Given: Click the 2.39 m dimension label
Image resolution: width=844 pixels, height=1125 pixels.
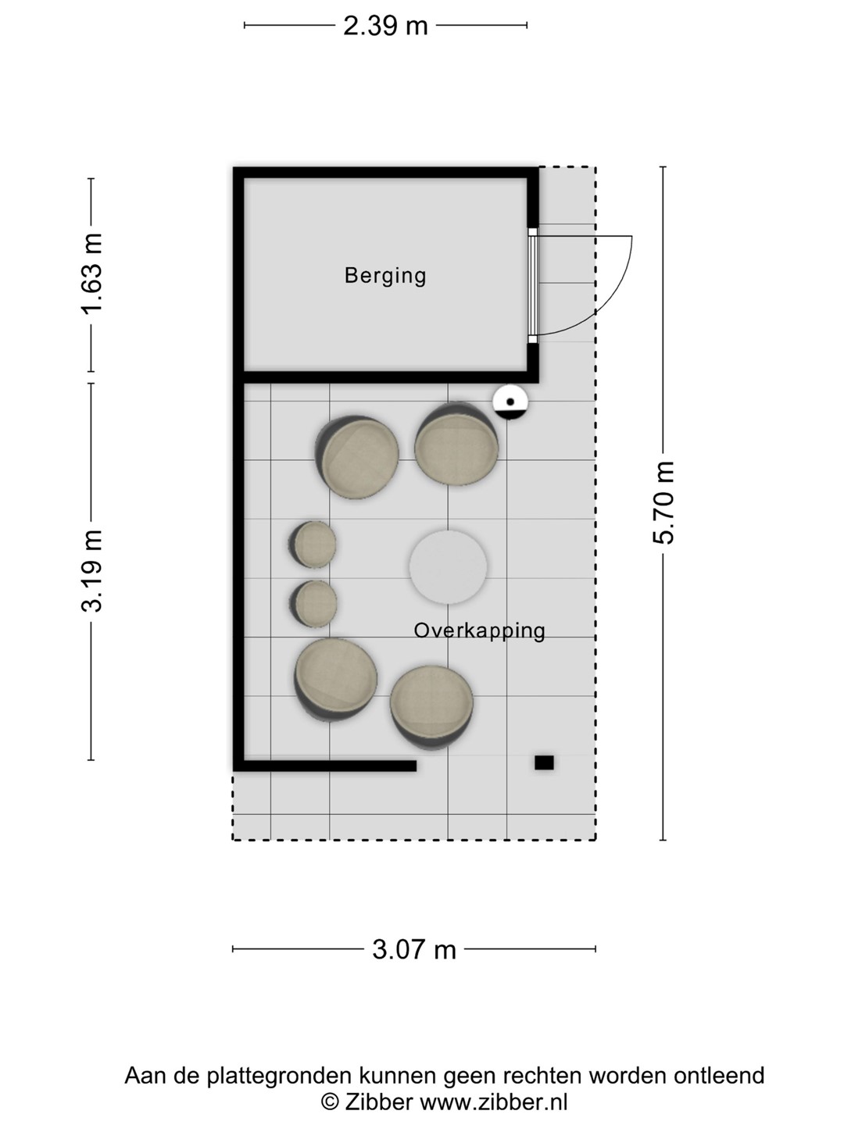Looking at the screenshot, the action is pos(385,26).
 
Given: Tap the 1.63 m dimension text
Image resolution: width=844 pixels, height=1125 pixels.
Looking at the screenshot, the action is pos(92,273).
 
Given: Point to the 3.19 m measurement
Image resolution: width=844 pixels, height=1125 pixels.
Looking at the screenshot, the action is pos(92,571).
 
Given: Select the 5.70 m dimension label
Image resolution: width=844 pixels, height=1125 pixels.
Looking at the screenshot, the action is pos(663,502).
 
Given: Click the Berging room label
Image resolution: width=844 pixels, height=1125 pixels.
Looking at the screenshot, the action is pos(385,277).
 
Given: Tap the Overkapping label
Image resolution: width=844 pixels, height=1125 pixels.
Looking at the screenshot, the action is pos(480,631).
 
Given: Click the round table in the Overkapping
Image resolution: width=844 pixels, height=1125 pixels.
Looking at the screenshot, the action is pos(448,567).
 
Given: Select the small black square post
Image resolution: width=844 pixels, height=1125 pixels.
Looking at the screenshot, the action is pos(544,762).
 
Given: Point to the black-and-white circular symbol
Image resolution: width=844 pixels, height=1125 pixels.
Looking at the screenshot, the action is pos(510,402).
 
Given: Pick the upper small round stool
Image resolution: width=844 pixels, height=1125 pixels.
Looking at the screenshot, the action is pos(312,545).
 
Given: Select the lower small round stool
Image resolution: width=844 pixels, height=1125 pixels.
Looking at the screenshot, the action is pos(313,604).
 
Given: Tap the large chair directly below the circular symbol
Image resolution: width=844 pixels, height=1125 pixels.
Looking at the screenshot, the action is pos(456,444).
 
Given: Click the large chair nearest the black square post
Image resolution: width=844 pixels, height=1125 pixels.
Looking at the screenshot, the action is pos(431,708).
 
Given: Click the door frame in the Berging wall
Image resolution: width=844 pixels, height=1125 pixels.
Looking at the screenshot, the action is pos(533,285).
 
